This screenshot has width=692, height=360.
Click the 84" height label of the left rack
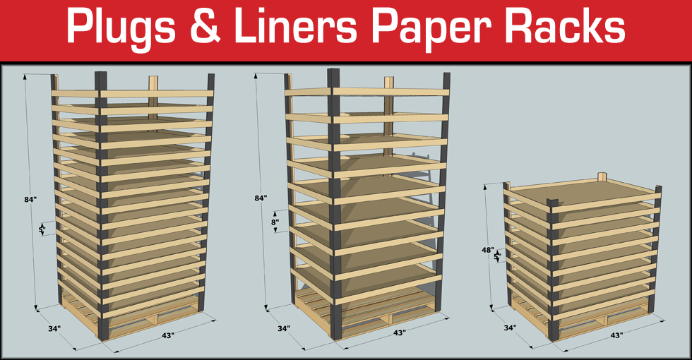tap(30, 200)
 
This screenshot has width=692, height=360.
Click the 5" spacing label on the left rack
tap(42, 229)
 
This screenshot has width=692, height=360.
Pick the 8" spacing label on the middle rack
tap(275, 222)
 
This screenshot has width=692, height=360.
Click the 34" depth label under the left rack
tap(54, 328)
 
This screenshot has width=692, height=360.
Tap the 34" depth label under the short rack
tap(510, 328)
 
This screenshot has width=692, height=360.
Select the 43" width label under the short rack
tap(615, 335)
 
